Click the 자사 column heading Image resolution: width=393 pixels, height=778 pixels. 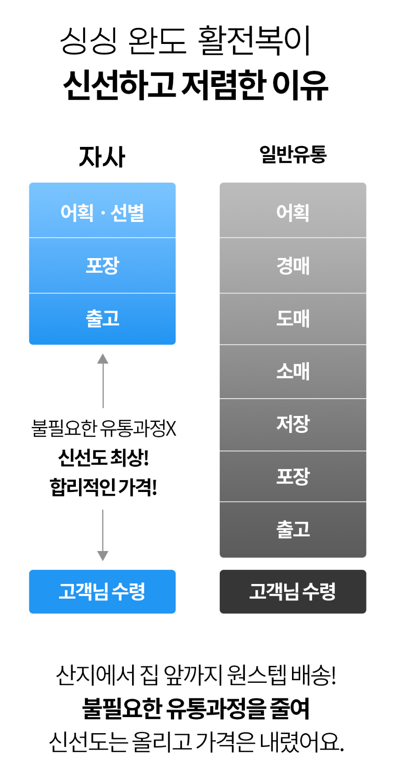pos(102,157)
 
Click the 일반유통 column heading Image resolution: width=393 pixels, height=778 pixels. pos(293,154)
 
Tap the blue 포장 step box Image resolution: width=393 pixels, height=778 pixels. pos(102,265)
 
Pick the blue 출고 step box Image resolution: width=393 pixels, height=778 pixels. pos(102,319)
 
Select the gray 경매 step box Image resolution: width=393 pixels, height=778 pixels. pos(293,265)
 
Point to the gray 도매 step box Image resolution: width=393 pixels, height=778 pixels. pos(293,319)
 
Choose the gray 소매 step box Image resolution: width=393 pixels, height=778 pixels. pos(293,371)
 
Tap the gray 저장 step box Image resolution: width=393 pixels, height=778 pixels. pos(293,424)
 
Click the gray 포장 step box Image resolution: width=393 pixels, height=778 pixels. pos(293,476)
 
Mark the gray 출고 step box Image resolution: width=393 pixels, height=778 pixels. pos(293,529)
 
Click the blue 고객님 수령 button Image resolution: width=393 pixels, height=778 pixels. pos(102,591)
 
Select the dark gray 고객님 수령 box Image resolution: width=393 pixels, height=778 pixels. pos(293,591)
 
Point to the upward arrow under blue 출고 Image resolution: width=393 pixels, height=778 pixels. pos(103,380)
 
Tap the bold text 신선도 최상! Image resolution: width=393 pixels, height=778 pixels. pos(103,458)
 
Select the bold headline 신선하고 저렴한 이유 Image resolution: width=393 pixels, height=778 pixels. pos(196,85)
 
